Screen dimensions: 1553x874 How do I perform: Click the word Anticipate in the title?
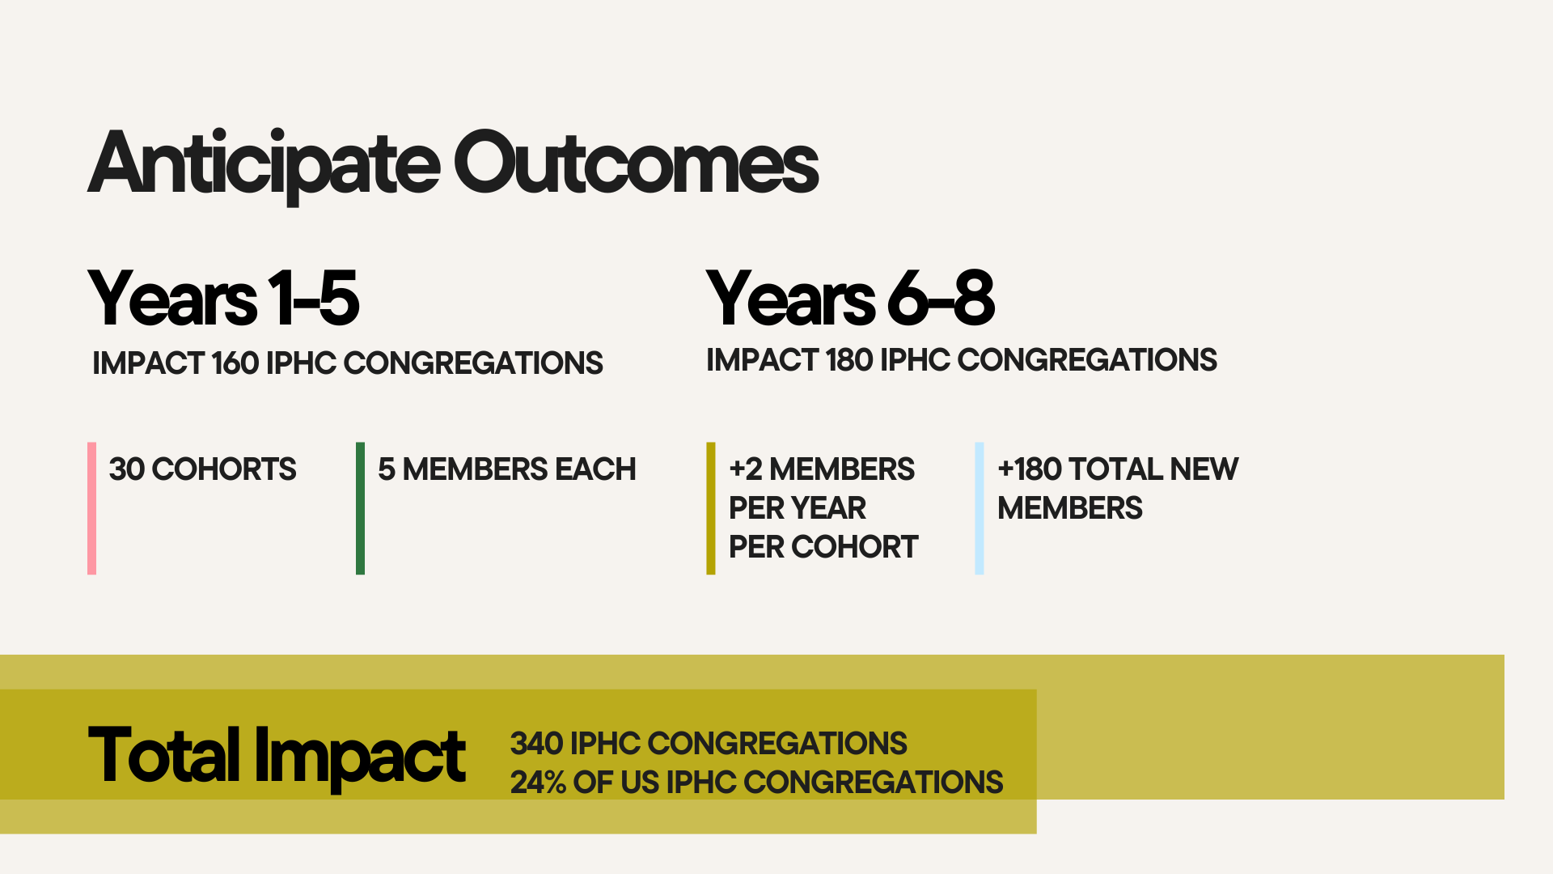click(x=264, y=165)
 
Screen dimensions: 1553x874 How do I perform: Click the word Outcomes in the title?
click(x=637, y=163)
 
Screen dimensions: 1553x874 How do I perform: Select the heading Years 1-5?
click(x=223, y=299)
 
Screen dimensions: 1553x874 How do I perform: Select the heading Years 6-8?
click(x=850, y=299)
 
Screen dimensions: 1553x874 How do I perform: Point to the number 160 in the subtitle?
click(x=235, y=363)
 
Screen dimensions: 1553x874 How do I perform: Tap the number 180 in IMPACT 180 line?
click(x=849, y=360)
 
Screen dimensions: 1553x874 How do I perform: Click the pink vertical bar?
click(x=92, y=508)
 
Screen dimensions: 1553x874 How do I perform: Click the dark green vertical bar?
click(x=361, y=508)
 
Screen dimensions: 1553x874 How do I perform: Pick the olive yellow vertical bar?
click(x=711, y=508)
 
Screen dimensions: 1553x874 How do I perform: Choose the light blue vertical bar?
click(x=980, y=508)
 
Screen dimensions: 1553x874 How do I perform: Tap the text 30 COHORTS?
click(x=203, y=469)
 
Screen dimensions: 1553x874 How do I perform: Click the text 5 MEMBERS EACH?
click(x=507, y=469)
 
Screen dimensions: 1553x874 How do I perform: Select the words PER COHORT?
click(x=823, y=547)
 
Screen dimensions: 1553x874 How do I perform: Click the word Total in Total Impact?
click(x=164, y=755)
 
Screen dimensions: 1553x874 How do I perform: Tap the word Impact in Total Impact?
click(x=360, y=757)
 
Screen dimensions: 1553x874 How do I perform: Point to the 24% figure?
click(x=538, y=783)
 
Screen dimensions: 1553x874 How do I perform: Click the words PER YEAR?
click(x=798, y=508)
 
